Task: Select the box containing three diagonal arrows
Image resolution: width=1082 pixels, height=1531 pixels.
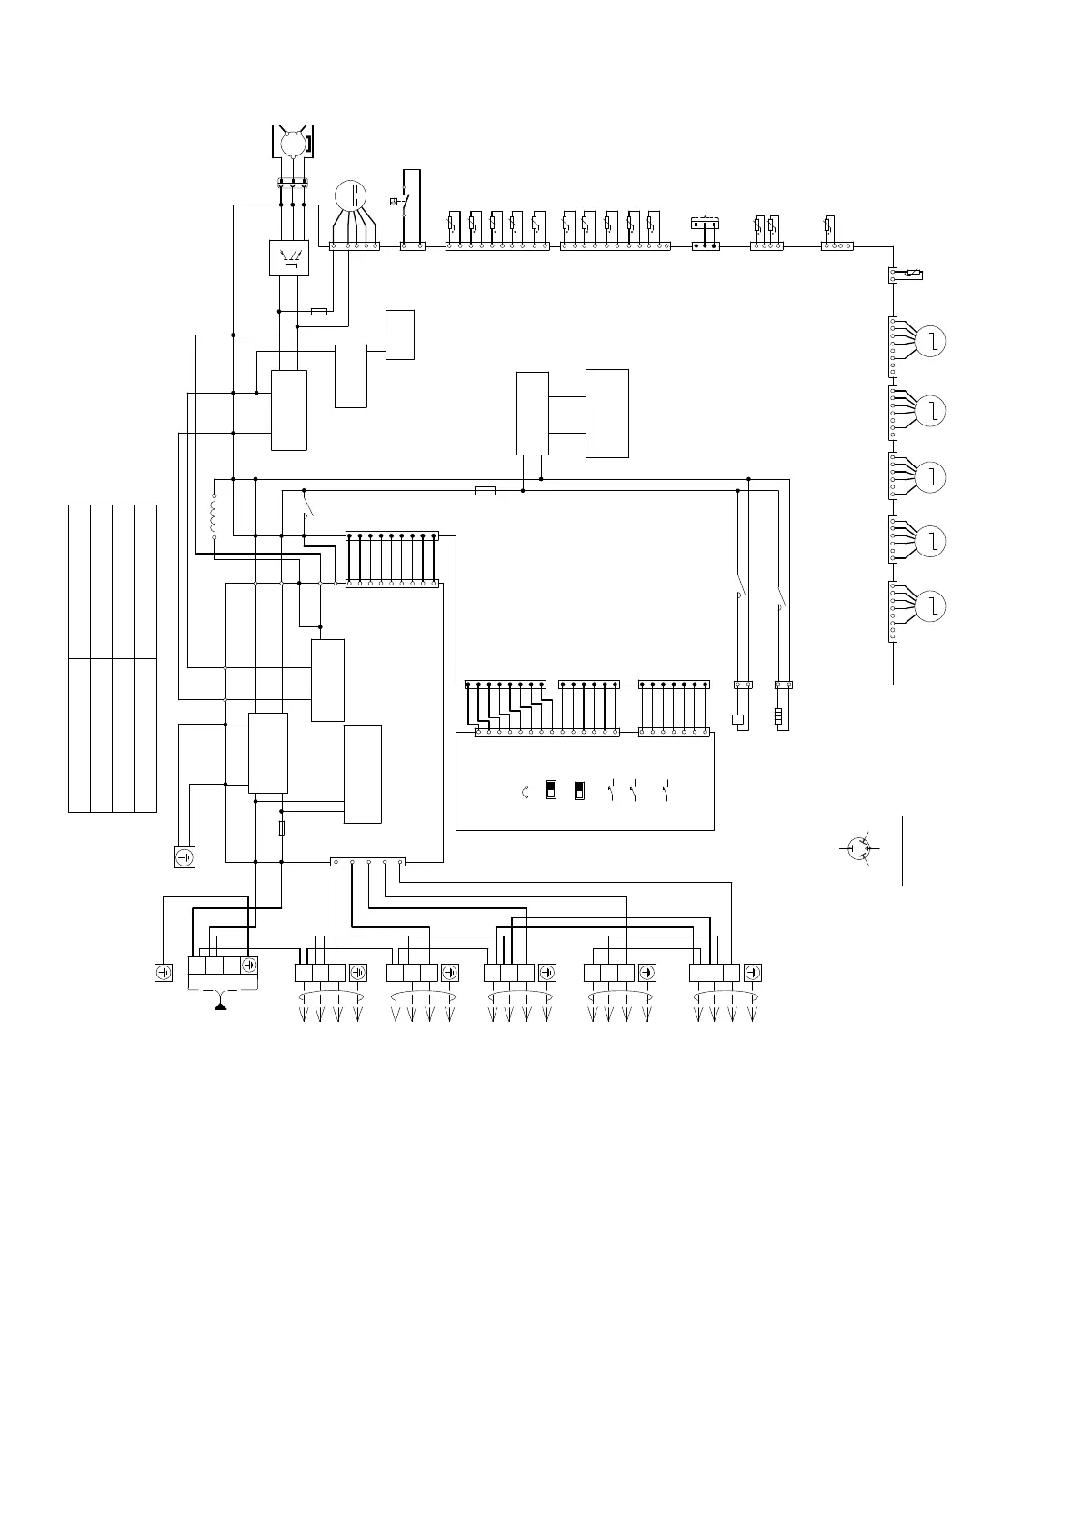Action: coord(290,258)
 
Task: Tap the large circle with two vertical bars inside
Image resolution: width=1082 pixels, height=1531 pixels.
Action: coord(351,196)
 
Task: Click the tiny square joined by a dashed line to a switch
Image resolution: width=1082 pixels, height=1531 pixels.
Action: coord(393,202)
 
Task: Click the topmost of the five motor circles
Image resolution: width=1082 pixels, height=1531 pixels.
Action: coord(931,342)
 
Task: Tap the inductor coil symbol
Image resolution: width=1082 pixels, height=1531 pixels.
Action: coord(215,516)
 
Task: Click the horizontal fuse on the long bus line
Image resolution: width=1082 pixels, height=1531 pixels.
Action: coord(486,491)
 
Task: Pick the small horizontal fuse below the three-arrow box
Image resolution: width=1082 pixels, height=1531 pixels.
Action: coord(319,311)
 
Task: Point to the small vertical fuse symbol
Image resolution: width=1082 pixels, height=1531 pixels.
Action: coord(282,828)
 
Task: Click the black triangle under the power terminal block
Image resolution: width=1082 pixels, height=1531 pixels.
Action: coord(220,1006)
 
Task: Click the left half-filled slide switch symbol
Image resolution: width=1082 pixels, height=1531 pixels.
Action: coord(551,789)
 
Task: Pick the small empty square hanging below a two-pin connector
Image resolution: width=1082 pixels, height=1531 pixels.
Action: coord(737,720)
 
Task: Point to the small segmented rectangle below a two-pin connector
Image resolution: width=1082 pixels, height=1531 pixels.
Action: coord(778,717)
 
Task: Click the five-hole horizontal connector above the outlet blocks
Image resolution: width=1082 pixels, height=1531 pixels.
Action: coord(367,861)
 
